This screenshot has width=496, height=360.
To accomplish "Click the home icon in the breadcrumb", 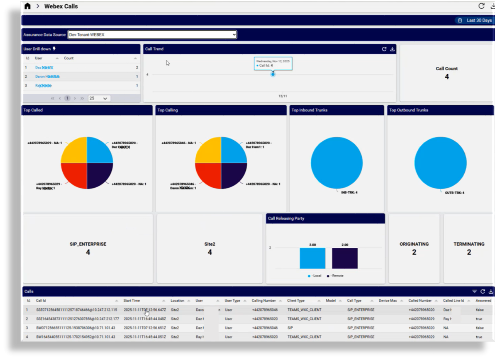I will (27, 6).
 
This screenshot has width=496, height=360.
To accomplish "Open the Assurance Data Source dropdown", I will (152, 35).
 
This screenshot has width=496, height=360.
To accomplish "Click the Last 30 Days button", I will (475, 20).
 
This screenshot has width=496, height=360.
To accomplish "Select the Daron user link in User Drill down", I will (47, 77).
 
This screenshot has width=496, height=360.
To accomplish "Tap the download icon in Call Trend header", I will (392, 49).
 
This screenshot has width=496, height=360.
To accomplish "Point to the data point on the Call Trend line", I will (273, 74).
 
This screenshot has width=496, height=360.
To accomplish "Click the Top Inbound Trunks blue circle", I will (336, 163).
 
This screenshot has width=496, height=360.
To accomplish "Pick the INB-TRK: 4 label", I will (349, 192).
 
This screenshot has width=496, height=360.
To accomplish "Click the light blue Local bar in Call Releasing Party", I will (312, 258).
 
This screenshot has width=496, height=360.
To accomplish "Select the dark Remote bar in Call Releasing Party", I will (345, 258).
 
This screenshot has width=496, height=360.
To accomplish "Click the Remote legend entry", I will (335, 276).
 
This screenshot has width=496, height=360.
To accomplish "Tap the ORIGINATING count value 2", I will (414, 252).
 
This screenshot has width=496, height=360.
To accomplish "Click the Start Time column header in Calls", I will (131, 301).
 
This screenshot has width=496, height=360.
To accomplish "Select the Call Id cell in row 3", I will (75, 328).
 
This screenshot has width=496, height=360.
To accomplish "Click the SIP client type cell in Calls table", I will (290, 328).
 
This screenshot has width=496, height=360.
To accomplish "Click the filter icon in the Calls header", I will (474, 291).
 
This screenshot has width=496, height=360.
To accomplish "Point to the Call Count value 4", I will (447, 77).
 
